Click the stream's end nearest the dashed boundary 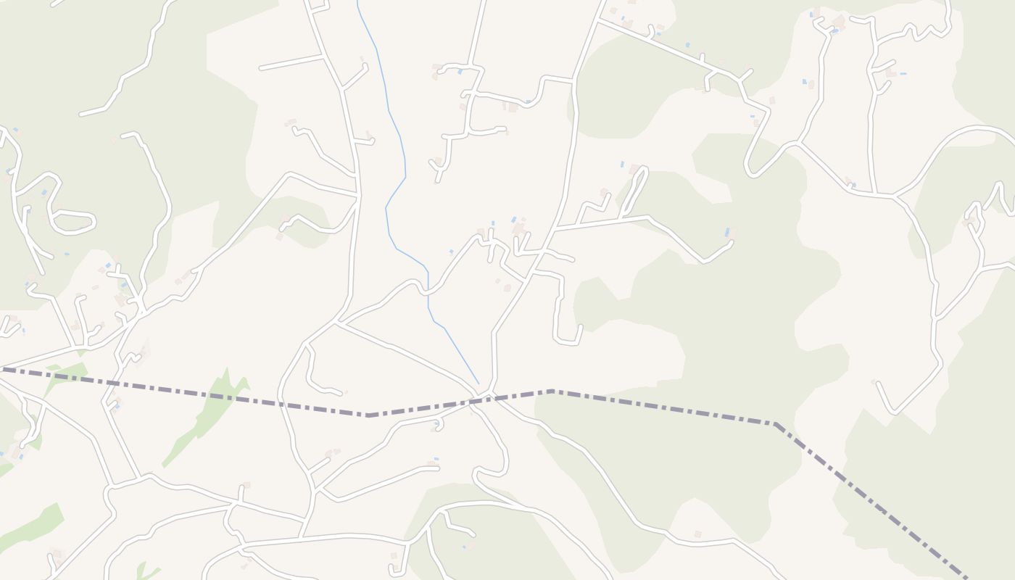click(478, 384)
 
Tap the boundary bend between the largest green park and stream click(368, 415)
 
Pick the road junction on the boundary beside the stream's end click(491, 395)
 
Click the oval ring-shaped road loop click(72, 223)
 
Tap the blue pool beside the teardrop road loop click(622, 165)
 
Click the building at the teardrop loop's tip click(634, 169)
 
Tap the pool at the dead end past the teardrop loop click(726, 232)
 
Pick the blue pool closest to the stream click(451, 252)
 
